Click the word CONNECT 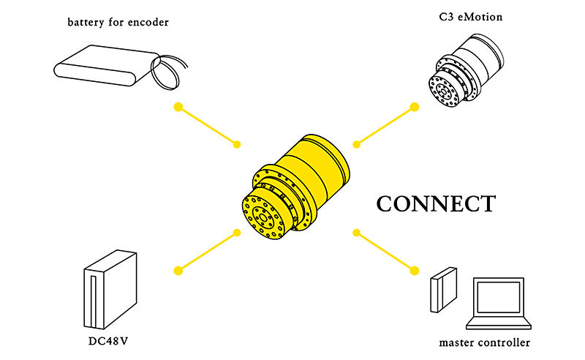click(x=436, y=203)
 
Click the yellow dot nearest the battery click(x=177, y=108)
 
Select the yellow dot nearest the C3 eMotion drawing click(x=414, y=108)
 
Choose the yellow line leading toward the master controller click(x=385, y=252)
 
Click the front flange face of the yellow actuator click(x=263, y=216)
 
